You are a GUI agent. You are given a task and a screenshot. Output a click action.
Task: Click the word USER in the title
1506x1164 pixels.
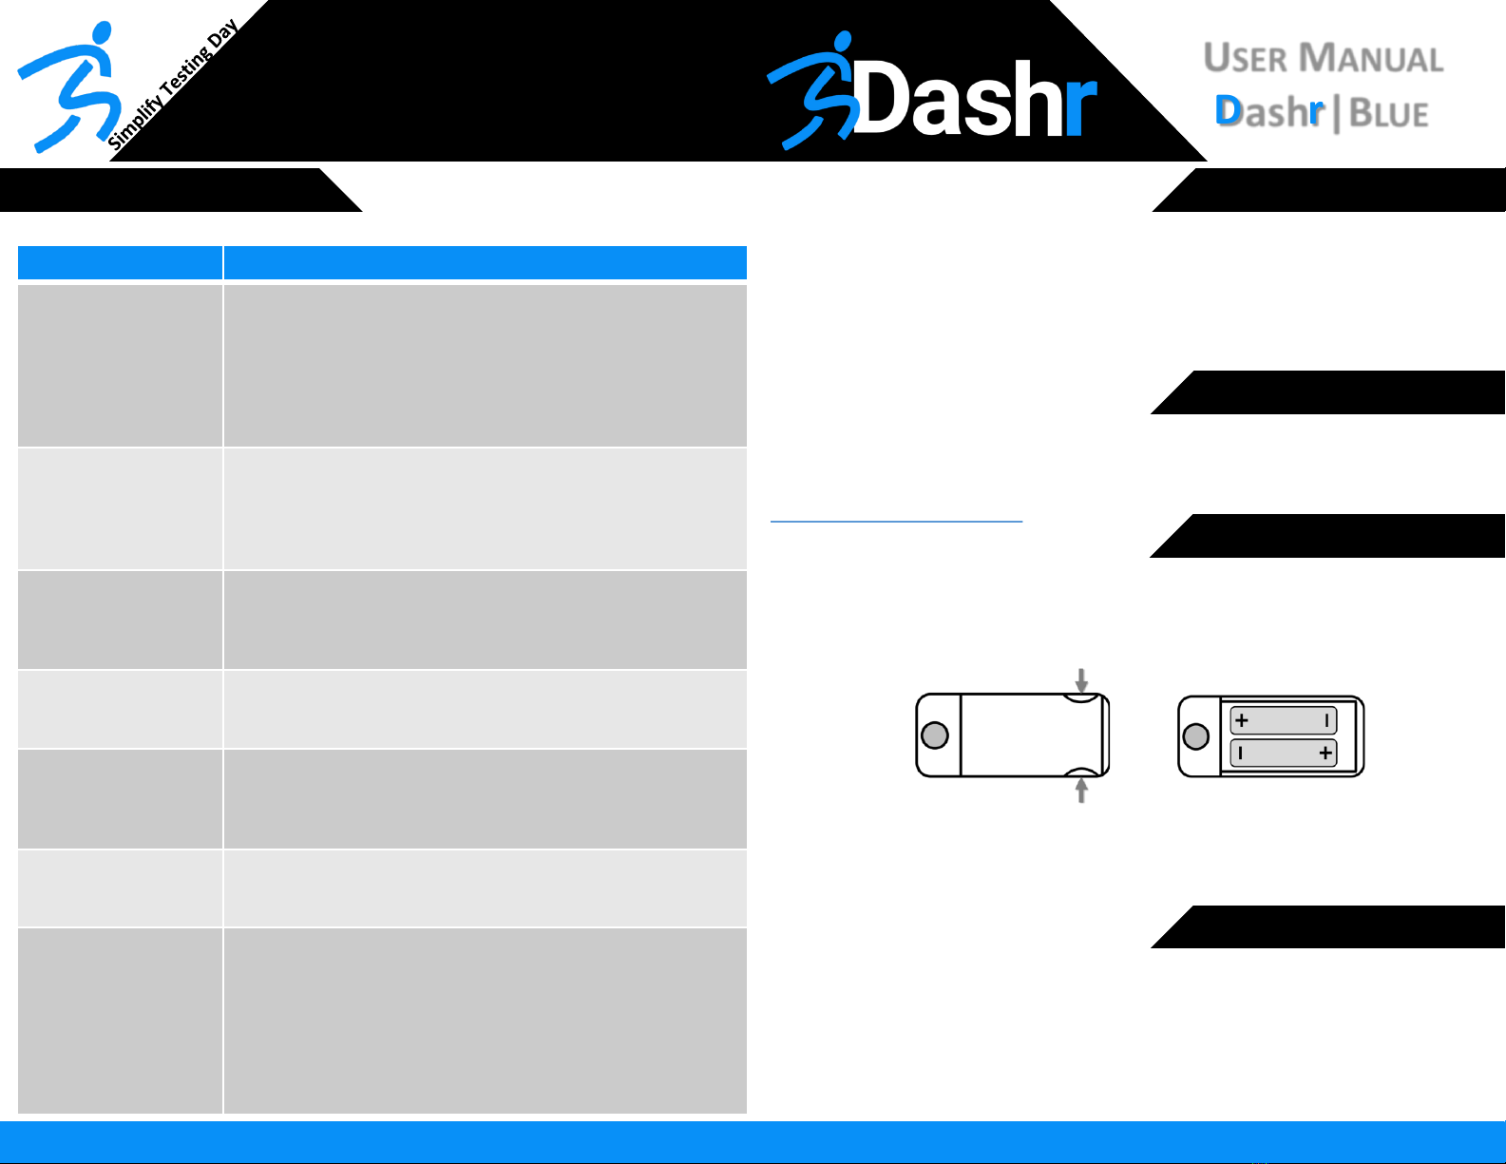click(x=1246, y=59)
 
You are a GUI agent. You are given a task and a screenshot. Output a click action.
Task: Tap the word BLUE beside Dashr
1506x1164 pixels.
click(x=1389, y=114)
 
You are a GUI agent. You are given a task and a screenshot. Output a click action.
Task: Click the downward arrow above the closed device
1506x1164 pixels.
click(x=1081, y=680)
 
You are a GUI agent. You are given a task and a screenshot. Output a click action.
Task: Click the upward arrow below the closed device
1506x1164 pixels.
click(x=1081, y=791)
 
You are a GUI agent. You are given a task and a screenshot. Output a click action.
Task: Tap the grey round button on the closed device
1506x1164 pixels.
click(x=935, y=735)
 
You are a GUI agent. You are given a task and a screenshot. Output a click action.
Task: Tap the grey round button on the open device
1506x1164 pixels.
click(x=1196, y=736)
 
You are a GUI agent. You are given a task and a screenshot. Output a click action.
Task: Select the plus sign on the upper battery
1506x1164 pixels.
click(x=1242, y=720)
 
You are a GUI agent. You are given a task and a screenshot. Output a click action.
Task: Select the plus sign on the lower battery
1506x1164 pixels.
click(x=1325, y=754)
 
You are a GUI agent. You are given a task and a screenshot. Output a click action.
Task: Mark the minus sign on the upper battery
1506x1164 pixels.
click(x=1326, y=720)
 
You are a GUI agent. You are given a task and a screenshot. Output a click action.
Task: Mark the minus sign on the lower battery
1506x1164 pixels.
click(x=1241, y=754)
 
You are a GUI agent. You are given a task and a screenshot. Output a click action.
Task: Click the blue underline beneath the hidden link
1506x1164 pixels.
click(x=896, y=521)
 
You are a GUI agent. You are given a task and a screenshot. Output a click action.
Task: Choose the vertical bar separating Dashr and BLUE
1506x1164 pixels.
click(x=1338, y=114)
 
